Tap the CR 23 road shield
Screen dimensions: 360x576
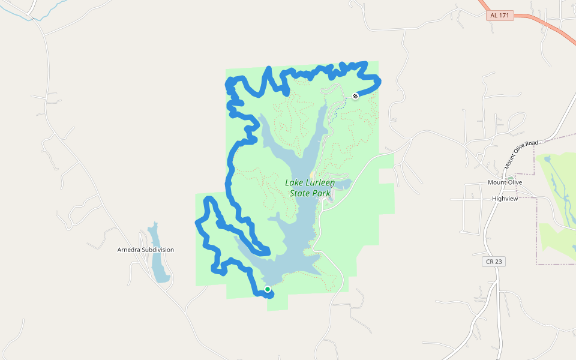492,262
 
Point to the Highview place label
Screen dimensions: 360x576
505,198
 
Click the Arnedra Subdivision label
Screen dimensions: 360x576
146,250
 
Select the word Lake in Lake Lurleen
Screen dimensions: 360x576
294,183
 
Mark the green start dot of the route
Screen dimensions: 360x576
268,289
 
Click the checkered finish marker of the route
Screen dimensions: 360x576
355,95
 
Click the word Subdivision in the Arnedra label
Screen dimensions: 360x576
158,250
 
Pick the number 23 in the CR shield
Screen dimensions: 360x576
496,262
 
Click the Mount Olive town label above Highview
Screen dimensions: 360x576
505,182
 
